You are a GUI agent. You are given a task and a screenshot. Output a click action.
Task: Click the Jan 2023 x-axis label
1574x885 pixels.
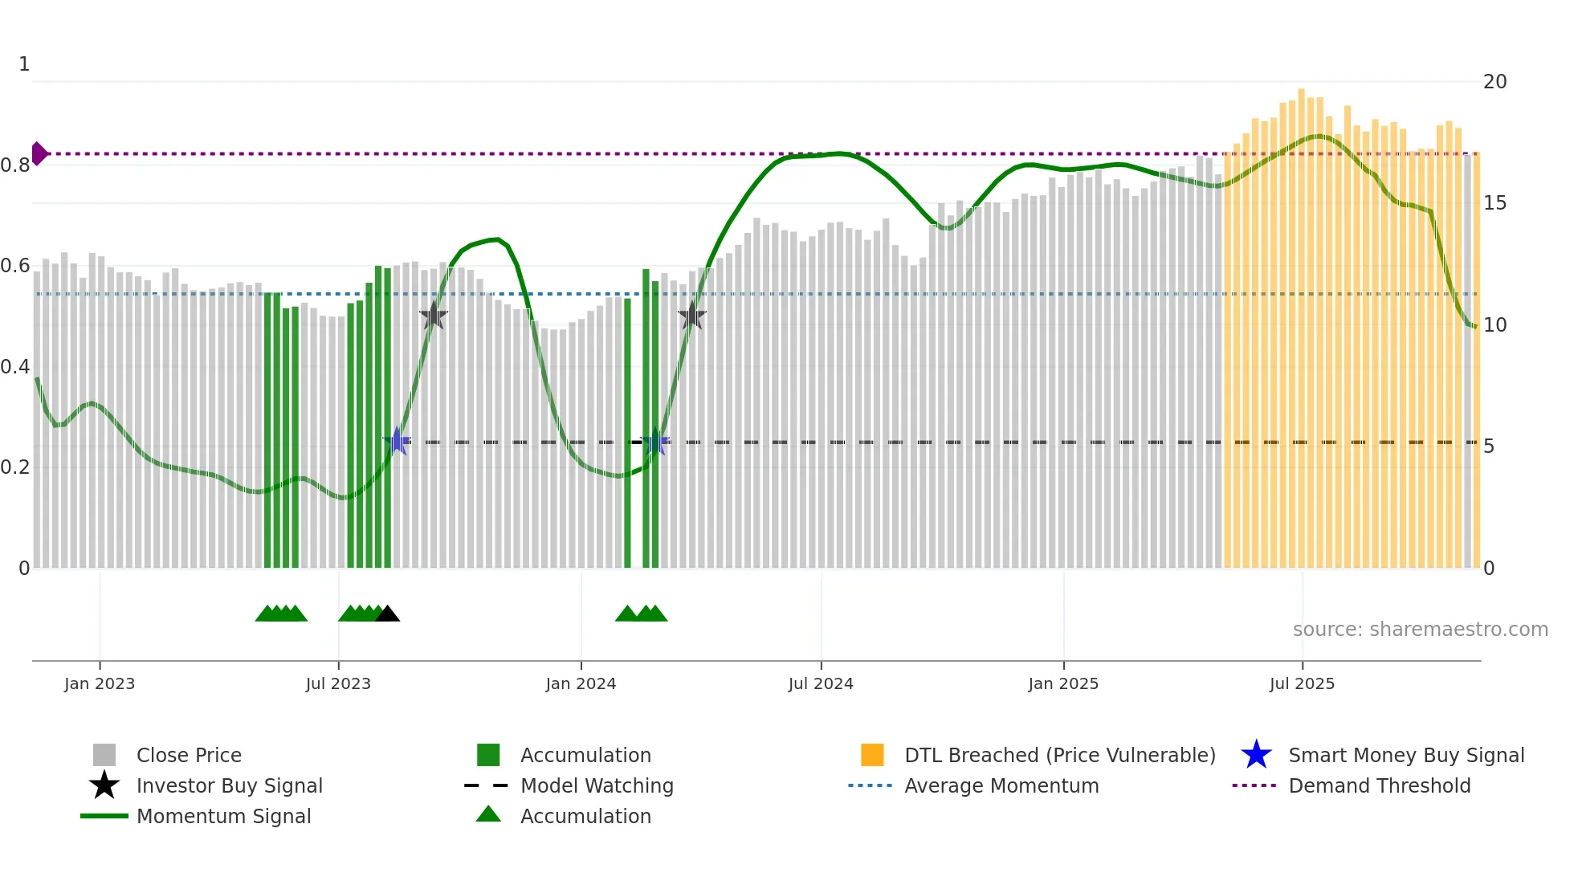coord(100,683)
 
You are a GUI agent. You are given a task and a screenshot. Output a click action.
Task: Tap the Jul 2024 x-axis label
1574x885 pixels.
coord(821,683)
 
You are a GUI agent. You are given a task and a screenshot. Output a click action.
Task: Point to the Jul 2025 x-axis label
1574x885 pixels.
coord(1302,683)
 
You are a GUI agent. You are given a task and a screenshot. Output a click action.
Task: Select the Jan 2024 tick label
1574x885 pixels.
coord(581,683)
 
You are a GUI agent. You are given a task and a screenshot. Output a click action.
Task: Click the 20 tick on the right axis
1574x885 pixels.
coord(1494,82)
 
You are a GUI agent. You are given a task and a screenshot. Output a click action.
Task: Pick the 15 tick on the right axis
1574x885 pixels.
coord(1494,203)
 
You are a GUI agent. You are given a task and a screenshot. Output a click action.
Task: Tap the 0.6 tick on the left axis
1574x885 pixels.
coord(15,266)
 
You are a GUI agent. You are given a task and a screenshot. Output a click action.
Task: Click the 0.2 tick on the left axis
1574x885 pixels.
coord(15,467)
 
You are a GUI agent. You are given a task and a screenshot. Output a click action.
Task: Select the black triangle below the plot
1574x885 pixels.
coord(387,614)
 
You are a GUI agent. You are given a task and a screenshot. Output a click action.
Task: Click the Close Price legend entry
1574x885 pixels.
coord(189,755)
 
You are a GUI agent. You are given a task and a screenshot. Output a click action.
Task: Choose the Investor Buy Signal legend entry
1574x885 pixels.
coord(229,785)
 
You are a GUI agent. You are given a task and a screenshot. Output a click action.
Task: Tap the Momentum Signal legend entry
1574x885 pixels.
coord(223,816)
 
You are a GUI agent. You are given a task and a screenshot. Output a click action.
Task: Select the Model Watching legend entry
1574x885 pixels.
coord(597,785)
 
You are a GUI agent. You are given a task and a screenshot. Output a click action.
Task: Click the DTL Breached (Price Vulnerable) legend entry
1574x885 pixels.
coord(1059,755)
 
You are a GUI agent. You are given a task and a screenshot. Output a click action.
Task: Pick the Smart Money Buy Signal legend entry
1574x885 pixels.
coord(1406,755)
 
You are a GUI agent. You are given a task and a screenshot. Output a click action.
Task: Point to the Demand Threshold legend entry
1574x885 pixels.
coord(1379,785)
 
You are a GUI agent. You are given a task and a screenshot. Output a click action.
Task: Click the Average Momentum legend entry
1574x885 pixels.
coord(1001,785)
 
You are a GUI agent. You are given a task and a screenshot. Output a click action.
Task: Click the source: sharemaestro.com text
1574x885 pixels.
coord(1420,630)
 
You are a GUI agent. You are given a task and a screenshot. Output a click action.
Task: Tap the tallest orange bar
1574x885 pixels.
coord(1301,321)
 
